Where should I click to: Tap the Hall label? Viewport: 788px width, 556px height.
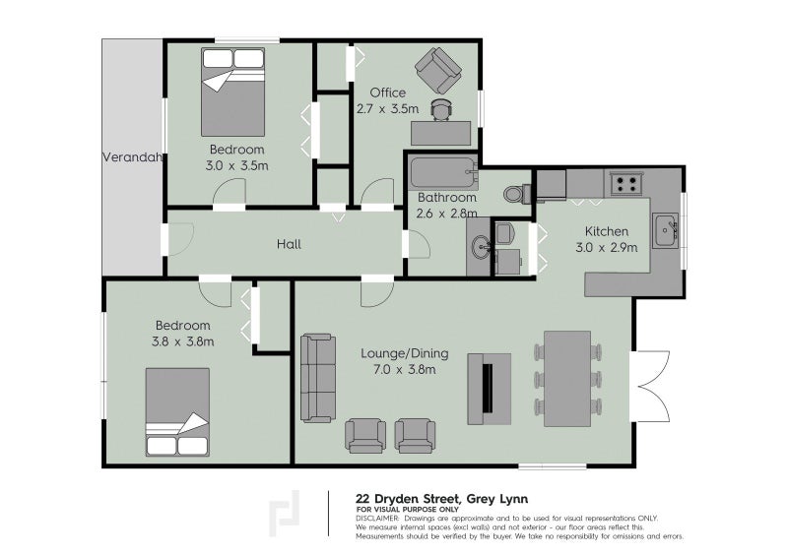[x=289, y=244]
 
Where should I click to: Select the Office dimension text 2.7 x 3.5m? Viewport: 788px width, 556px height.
[x=388, y=109]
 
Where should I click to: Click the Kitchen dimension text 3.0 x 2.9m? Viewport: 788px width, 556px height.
[x=606, y=247]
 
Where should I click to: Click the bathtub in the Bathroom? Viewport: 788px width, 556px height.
[x=442, y=175]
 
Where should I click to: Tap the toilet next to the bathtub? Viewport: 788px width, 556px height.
[x=517, y=192]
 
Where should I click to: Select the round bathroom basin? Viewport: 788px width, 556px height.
[x=482, y=246]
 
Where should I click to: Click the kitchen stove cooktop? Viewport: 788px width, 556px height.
[x=624, y=182]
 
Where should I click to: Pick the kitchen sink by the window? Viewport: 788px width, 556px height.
[x=665, y=229]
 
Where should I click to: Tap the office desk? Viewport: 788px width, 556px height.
[x=441, y=132]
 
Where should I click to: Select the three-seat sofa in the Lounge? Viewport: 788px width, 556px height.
[x=317, y=378]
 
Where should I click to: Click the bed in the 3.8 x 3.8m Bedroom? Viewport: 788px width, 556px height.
[x=177, y=412]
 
